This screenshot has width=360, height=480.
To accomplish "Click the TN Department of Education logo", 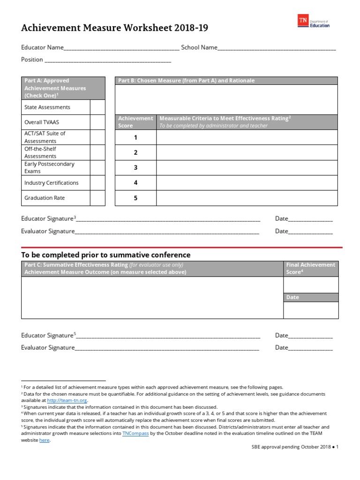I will coord(314,21).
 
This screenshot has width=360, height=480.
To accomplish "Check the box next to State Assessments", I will coord(97,107).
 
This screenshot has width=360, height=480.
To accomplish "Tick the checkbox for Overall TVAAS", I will coord(97,122).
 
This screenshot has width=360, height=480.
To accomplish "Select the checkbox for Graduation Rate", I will coord(97,198).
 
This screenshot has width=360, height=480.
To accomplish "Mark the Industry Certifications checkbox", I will coord(97,183).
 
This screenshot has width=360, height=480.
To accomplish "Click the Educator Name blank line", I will coord(120,48).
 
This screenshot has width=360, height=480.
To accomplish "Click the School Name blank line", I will coord(277,48).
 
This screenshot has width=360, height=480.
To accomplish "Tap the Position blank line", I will coord(107,60).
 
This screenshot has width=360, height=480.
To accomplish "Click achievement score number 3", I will coord(135,168).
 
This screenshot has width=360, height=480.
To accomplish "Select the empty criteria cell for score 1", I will coord(247,137).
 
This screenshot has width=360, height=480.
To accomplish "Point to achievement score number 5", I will coord(135,198).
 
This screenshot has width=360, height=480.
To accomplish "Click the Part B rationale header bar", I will coord(226,81).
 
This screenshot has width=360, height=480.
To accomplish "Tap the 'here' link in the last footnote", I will coord(44,440).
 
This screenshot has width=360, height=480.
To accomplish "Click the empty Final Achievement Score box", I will coord(311,285).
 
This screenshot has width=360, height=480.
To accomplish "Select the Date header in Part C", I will coord(311,297).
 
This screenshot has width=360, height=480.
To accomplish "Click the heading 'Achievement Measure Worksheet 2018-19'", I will coord(115,28).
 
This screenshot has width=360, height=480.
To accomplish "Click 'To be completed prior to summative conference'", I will coord(106,255).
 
